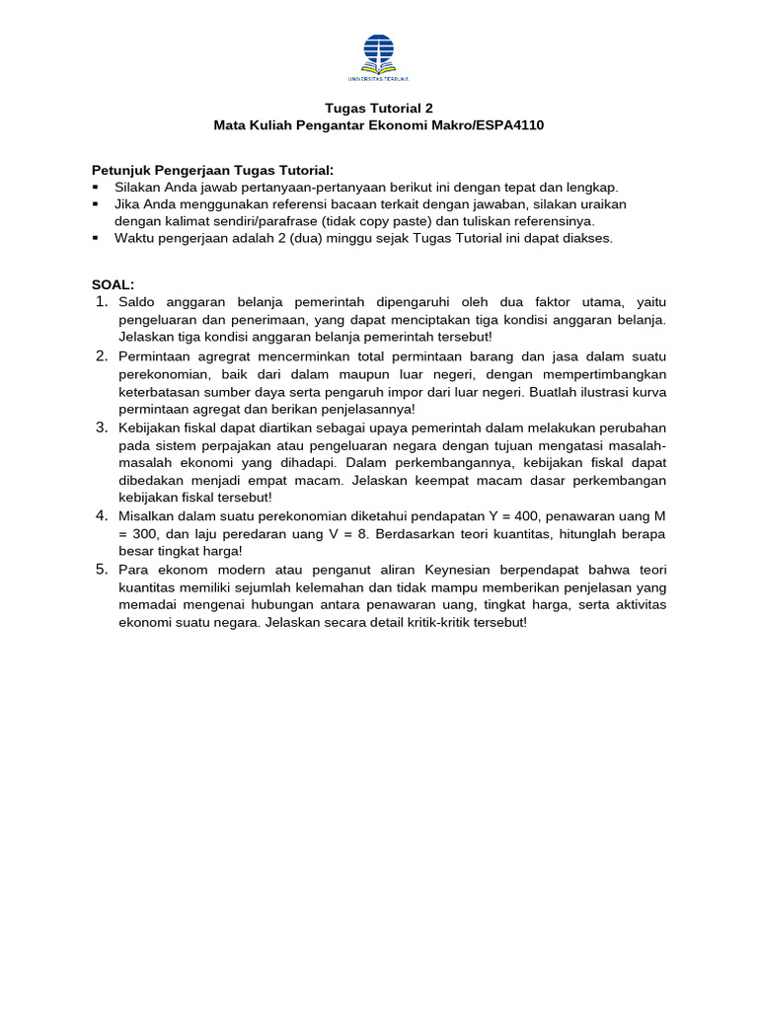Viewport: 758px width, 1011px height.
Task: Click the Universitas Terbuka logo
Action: (378, 57)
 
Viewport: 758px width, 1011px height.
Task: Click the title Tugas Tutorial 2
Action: (379, 108)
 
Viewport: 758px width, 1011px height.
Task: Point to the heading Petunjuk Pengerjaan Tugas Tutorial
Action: (212, 170)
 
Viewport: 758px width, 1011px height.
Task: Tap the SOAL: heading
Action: (113, 284)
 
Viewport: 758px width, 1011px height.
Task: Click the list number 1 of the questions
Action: (101, 301)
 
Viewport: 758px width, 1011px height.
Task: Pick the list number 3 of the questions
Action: (101, 428)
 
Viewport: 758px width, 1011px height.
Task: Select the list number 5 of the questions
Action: (101, 570)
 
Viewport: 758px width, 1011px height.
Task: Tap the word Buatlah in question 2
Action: (555, 392)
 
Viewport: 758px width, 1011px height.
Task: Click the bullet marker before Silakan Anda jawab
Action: (96, 187)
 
